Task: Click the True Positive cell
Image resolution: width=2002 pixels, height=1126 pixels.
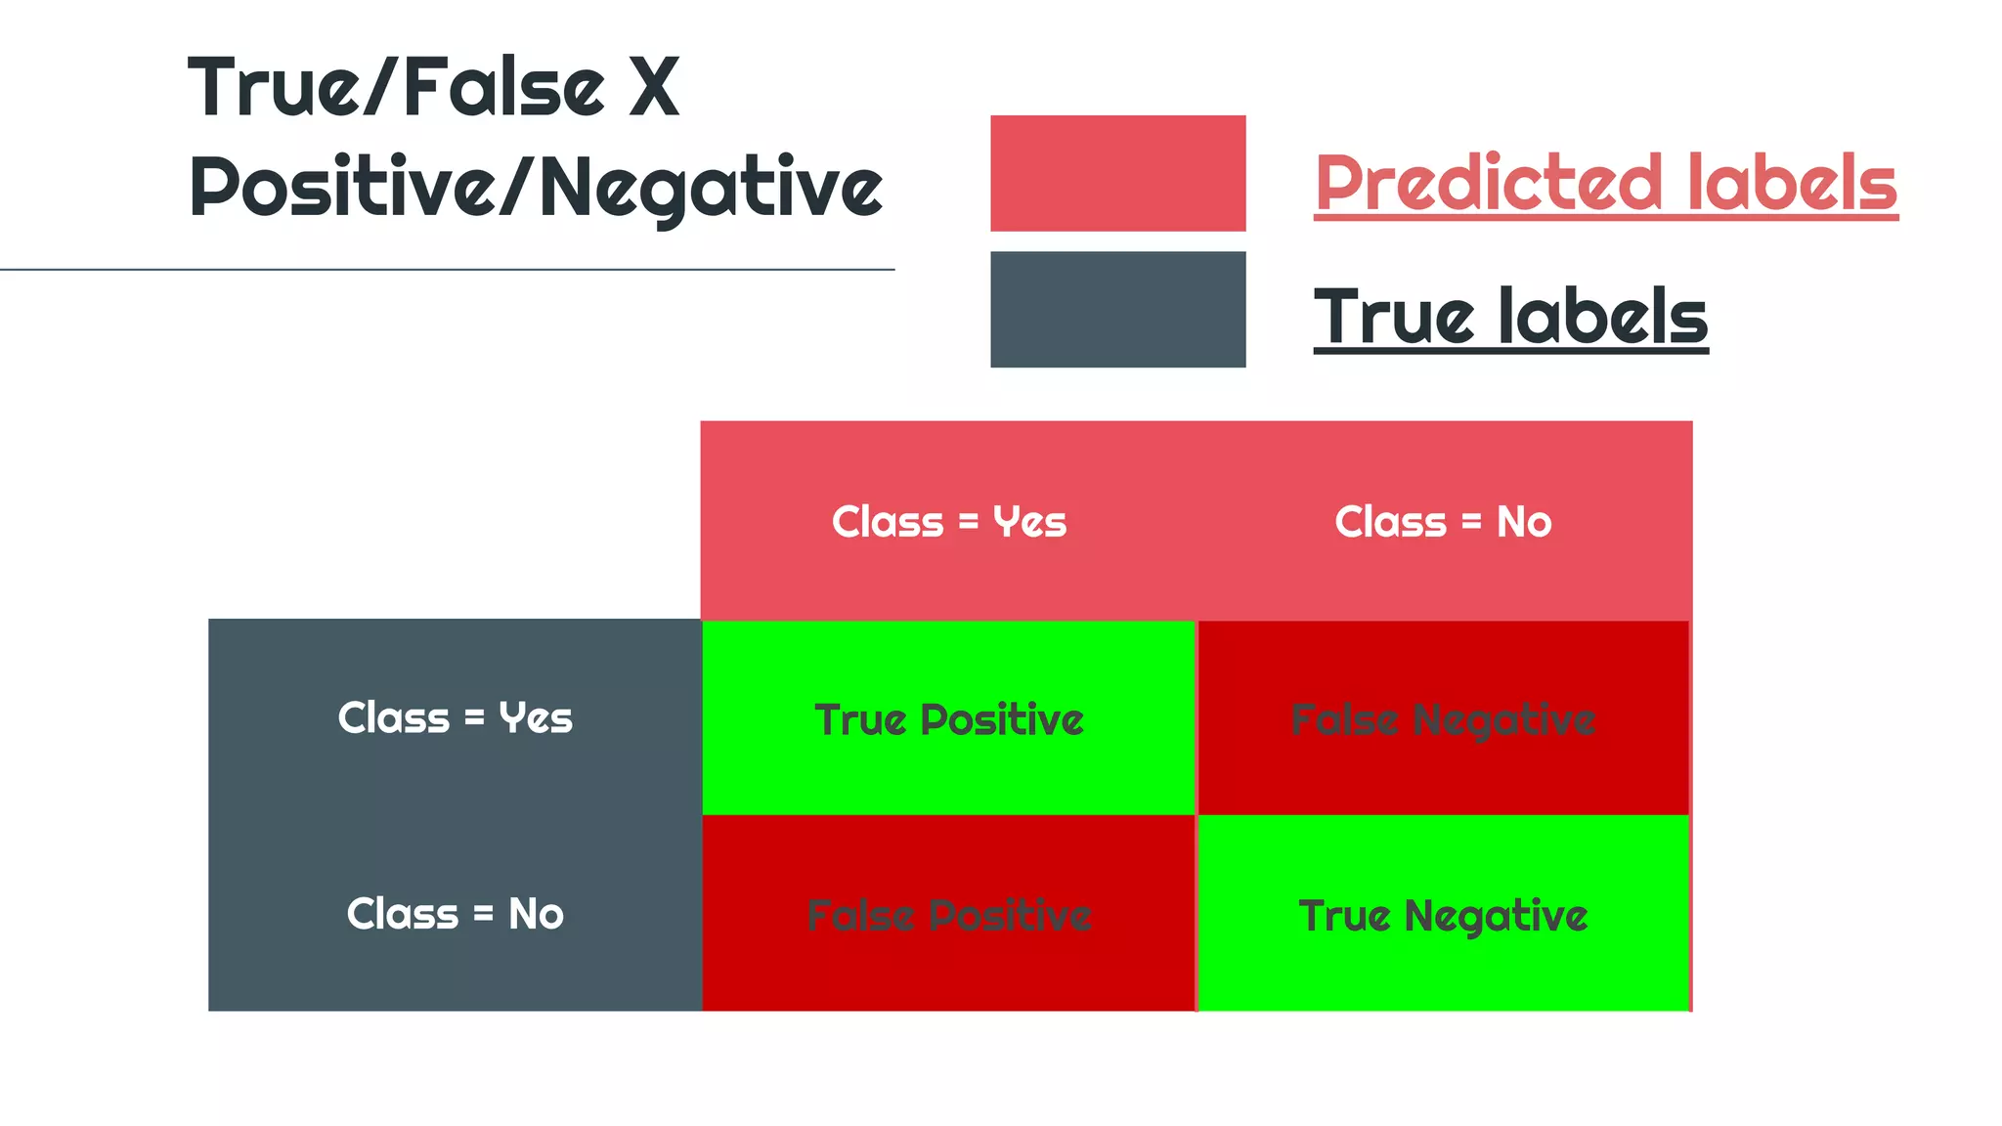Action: click(x=948, y=718)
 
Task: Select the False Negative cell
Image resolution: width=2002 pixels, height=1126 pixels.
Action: click(x=1443, y=718)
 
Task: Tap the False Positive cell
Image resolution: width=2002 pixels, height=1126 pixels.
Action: click(x=948, y=915)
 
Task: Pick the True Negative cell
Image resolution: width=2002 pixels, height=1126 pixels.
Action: click(x=1443, y=915)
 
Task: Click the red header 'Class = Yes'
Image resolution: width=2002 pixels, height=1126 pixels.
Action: click(x=948, y=521)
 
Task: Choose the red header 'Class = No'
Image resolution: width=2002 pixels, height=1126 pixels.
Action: click(x=1443, y=521)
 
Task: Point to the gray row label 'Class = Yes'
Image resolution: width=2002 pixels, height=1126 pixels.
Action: click(x=455, y=717)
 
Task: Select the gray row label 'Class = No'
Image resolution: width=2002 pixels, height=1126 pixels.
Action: click(x=455, y=914)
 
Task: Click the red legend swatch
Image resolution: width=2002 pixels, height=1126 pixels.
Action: click(x=1117, y=173)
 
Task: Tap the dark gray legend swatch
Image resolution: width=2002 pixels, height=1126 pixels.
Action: click(x=1117, y=309)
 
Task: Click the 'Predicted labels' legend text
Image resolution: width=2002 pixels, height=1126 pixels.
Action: click(x=1605, y=183)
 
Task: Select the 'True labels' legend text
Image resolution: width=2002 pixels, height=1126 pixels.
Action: click(x=1510, y=317)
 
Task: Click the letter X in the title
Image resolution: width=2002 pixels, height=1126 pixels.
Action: click(x=653, y=88)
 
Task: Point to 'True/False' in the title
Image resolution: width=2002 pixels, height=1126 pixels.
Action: click(x=397, y=88)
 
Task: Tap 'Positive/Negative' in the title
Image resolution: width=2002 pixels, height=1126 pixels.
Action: click(x=536, y=187)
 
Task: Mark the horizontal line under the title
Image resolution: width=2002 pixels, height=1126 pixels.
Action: click(x=447, y=269)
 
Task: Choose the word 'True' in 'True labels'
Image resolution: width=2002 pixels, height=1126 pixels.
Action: click(x=1394, y=317)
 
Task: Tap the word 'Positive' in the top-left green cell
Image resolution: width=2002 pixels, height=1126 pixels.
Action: click(x=1002, y=719)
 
